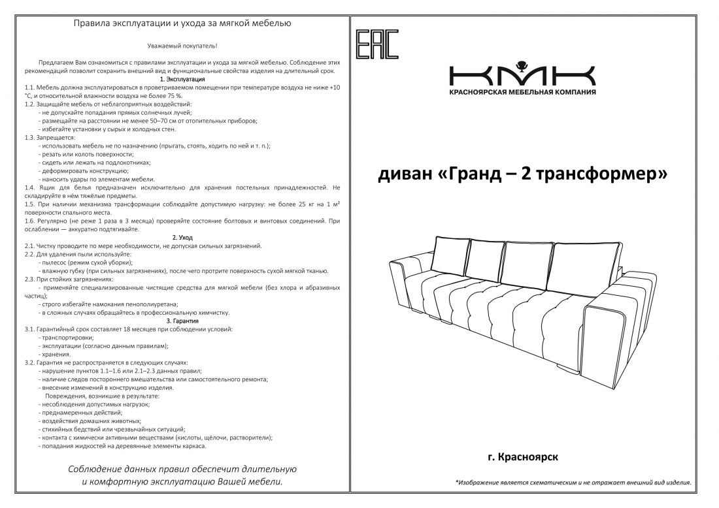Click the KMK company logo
click(x=522, y=73)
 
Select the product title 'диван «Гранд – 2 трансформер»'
click(x=522, y=174)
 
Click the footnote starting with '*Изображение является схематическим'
click(x=573, y=483)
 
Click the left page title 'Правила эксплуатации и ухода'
click(x=182, y=24)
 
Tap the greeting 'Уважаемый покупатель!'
click(x=182, y=46)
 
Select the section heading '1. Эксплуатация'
click(x=182, y=78)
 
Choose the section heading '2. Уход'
click(x=182, y=238)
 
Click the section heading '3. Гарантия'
click(x=182, y=321)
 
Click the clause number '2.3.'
click(x=30, y=279)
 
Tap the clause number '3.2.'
click(x=30, y=362)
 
